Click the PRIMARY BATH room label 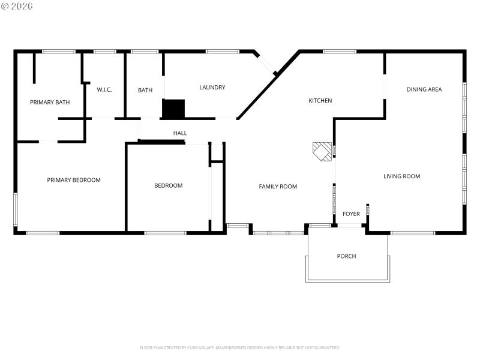(x=50, y=103)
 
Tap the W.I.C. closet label (x=104, y=90)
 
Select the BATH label (x=145, y=91)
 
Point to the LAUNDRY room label (x=212, y=88)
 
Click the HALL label (x=180, y=133)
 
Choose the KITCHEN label (x=320, y=101)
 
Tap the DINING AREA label (x=424, y=90)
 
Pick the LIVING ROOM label (x=401, y=176)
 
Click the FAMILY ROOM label (x=278, y=187)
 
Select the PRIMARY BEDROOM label (x=74, y=180)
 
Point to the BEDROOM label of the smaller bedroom (x=168, y=186)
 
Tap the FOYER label (x=351, y=214)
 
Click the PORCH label (x=346, y=256)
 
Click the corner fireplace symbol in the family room (x=322, y=151)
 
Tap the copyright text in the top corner (x=17, y=6)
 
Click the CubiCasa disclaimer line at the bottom (x=240, y=347)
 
